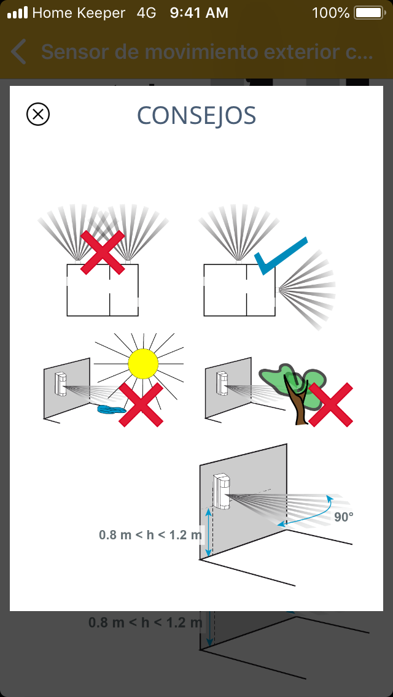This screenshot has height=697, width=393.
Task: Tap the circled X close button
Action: click(x=38, y=114)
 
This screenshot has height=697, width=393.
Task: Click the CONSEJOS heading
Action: click(x=196, y=115)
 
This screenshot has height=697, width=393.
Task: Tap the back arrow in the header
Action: click(x=18, y=52)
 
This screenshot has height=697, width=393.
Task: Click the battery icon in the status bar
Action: click(x=368, y=13)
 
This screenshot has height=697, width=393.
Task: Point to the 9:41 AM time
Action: click(x=199, y=13)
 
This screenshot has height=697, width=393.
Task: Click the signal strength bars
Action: click(x=17, y=13)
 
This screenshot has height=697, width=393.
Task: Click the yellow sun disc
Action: click(x=143, y=364)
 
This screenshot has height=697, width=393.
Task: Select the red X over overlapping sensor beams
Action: click(x=103, y=252)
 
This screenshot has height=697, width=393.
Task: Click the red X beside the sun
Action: click(x=141, y=405)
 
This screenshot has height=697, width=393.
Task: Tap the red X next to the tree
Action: click(x=331, y=405)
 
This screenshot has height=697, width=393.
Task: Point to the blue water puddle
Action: click(x=112, y=409)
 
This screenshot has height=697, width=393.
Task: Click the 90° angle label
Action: click(x=344, y=517)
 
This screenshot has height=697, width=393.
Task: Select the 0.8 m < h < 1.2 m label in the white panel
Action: click(x=150, y=535)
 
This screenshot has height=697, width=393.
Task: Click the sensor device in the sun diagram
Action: click(x=61, y=383)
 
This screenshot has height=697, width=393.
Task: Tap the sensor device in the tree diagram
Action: click(x=222, y=383)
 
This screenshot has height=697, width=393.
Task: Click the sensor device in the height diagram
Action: click(x=222, y=491)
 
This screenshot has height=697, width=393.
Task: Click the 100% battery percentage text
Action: click(x=331, y=13)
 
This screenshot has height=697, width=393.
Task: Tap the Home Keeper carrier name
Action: click(x=79, y=13)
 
